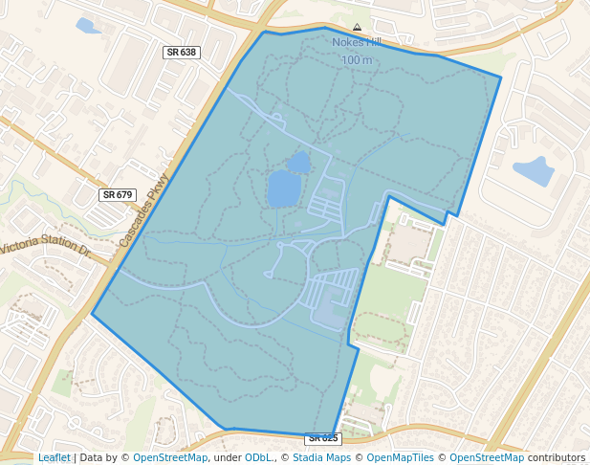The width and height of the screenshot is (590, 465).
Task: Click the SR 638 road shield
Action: point(180,53)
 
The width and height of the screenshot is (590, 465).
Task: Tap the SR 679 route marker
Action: point(117,194)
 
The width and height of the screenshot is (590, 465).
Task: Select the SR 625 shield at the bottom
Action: point(323,438)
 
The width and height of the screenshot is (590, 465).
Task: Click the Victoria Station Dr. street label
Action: point(45,250)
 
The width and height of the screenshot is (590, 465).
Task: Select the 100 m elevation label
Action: point(357,60)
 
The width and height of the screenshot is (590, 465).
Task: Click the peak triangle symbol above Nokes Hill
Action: point(357,28)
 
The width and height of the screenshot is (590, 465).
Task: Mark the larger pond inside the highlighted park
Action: point(283,188)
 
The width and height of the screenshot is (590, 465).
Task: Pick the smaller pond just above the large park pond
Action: point(298,162)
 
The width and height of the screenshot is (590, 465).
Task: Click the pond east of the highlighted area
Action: point(534,171)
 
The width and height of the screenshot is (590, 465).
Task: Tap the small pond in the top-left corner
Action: point(88,26)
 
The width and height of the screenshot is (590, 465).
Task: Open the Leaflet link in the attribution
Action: point(54,457)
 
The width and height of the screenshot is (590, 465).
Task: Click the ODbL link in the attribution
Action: point(258,457)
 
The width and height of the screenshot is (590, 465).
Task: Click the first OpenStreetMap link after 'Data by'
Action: point(169,457)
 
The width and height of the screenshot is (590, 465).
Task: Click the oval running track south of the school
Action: point(382,331)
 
